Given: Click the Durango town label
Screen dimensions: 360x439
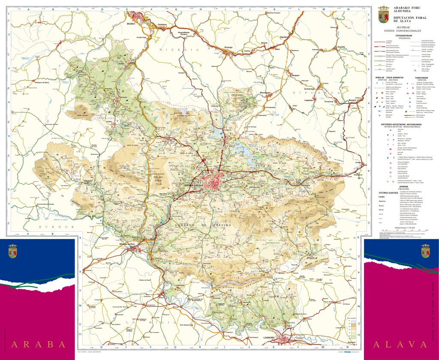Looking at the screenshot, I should [228, 47].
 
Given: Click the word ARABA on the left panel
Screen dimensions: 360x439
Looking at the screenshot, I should [39, 344].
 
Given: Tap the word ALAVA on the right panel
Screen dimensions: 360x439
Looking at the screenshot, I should [400, 344].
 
